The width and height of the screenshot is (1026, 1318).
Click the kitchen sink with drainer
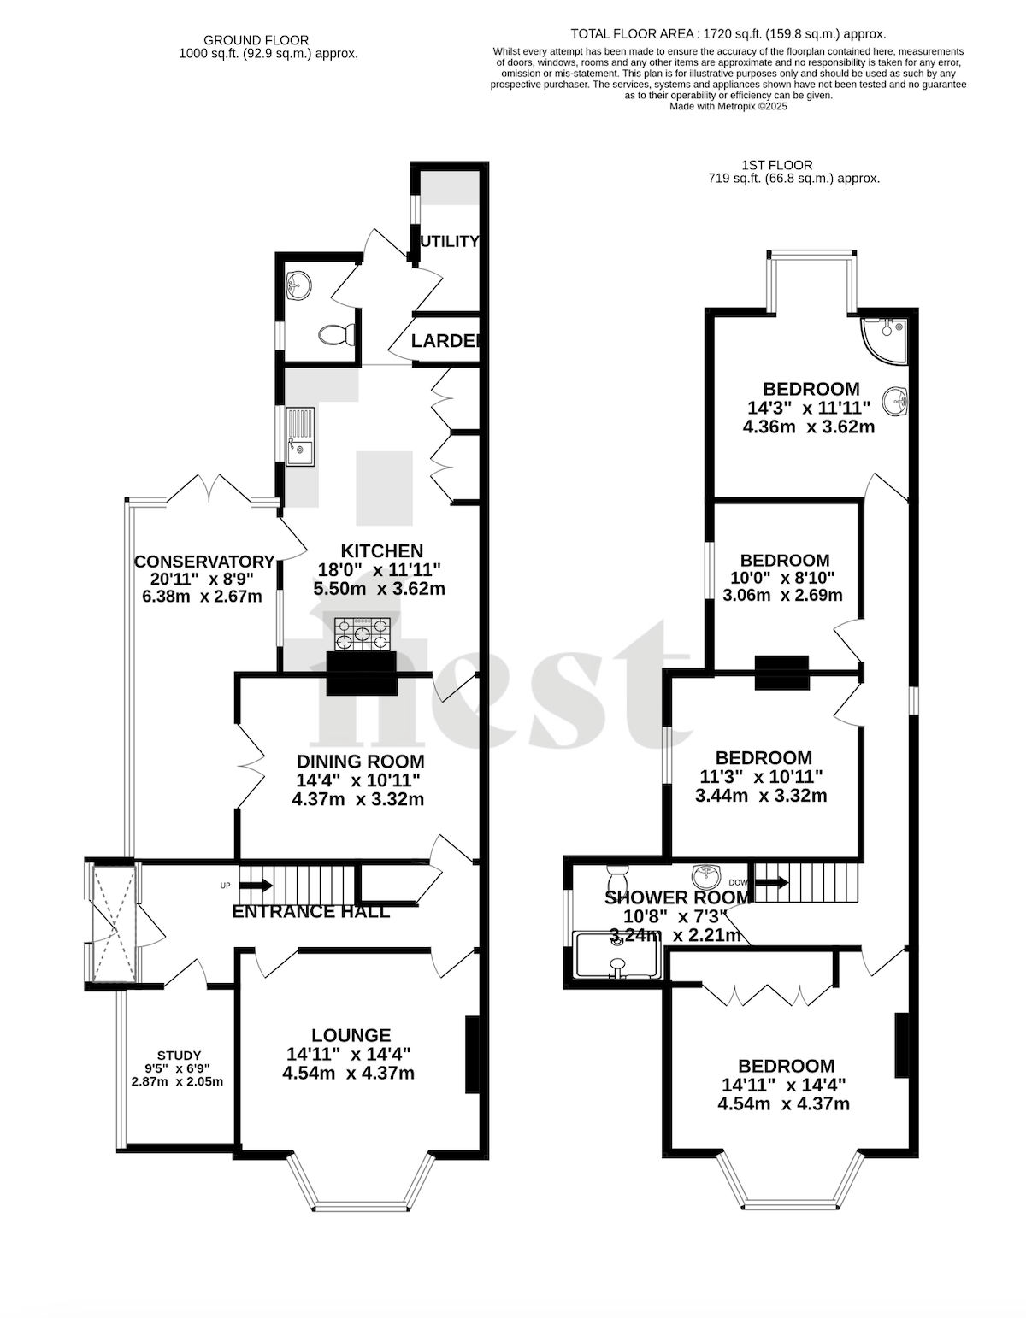[x=300, y=436]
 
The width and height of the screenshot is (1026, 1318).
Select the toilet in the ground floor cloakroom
[x=334, y=335]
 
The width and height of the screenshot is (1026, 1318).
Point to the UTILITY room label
[x=449, y=242]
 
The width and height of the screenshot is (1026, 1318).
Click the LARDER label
[x=445, y=342]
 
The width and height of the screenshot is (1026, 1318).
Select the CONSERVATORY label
[x=204, y=562]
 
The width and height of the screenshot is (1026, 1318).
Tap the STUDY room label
[x=179, y=1056]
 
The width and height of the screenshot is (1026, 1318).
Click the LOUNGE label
[x=351, y=1035]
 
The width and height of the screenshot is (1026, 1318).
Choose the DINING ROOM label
[x=360, y=762]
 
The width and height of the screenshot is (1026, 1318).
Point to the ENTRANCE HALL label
[x=311, y=912]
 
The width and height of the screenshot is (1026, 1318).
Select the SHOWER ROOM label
[x=677, y=897]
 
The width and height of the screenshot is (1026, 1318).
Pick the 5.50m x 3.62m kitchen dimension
[x=379, y=589]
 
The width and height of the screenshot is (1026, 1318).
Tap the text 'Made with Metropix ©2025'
[x=728, y=107]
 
